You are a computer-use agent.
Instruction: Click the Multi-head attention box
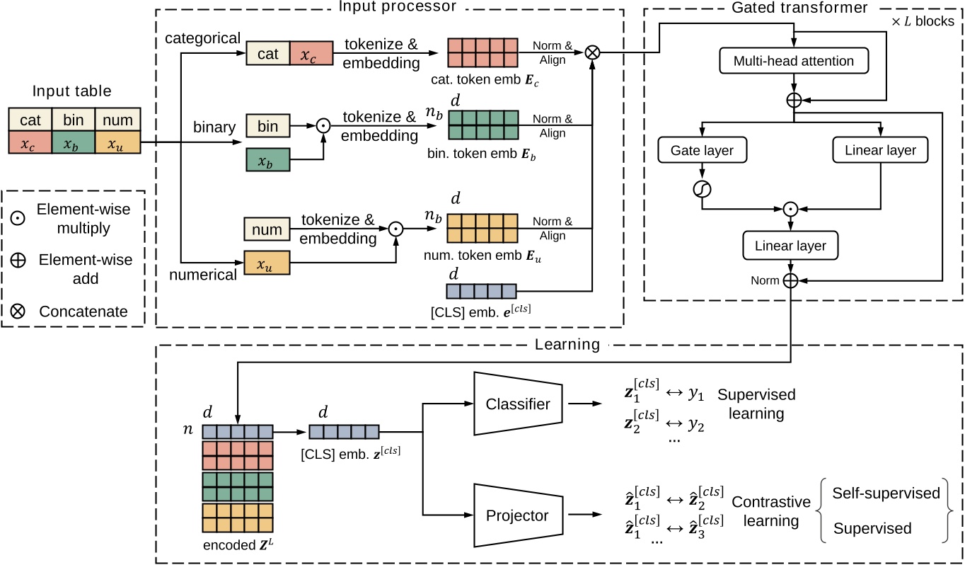pyautogui.click(x=793, y=62)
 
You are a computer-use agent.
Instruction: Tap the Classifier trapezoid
pyautogui.click(x=518, y=404)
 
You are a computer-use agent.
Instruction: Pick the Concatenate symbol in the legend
pyautogui.click(x=20, y=311)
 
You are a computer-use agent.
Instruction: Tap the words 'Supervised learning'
pyautogui.click(x=756, y=403)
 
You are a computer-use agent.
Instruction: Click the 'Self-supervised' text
pyautogui.click(x=886, y=493)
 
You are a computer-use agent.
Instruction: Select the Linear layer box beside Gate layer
pyautogui.click(x=880, y=150)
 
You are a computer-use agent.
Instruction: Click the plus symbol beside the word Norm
pyautogui.click(x=791, y=281)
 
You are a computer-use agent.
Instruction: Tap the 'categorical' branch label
pyautogui.click(x=202, y=38)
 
